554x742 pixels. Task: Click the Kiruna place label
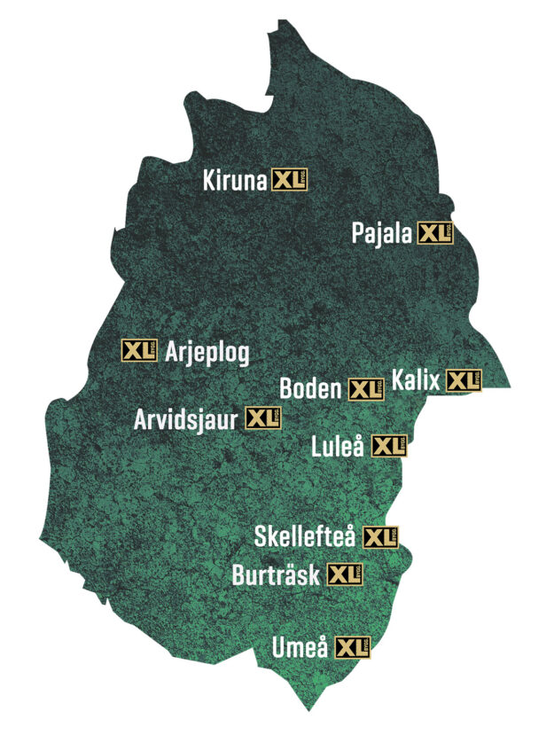235,181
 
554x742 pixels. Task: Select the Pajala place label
382,234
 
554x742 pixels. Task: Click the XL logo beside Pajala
435,234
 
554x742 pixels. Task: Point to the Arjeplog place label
207,353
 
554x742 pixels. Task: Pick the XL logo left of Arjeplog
139,350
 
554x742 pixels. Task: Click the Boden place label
310,388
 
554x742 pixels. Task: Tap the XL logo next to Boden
366,389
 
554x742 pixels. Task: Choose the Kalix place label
416,380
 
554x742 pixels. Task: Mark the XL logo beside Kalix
464,381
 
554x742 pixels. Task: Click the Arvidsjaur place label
186,418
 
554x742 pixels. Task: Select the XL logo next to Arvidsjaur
262,418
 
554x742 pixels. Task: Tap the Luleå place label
339,446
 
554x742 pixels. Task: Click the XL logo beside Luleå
389,446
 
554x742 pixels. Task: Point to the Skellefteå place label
305,537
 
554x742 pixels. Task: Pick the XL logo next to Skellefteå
381,537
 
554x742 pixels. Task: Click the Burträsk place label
277,574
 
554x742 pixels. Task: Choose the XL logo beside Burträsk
346,574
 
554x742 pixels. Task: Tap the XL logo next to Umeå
354,647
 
